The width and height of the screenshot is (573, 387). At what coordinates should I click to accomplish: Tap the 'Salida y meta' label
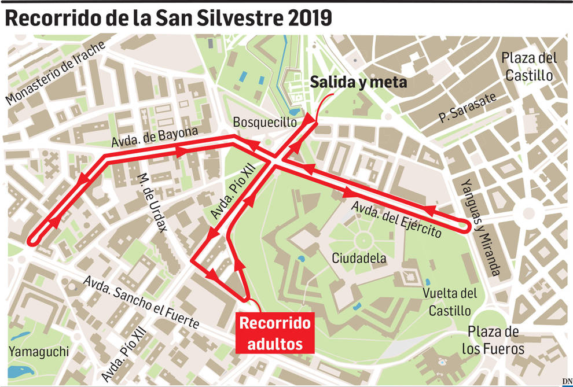coord(358,83)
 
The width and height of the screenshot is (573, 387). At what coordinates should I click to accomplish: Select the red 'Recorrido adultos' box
coord(275,333)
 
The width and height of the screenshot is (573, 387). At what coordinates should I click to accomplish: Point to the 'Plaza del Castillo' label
coord(529,67)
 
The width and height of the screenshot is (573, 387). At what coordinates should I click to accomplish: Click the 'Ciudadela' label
coord(359,259)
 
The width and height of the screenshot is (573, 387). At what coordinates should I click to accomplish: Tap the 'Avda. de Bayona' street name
coord(155,138)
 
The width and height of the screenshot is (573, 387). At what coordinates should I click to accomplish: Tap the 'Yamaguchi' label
coord(39,351)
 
